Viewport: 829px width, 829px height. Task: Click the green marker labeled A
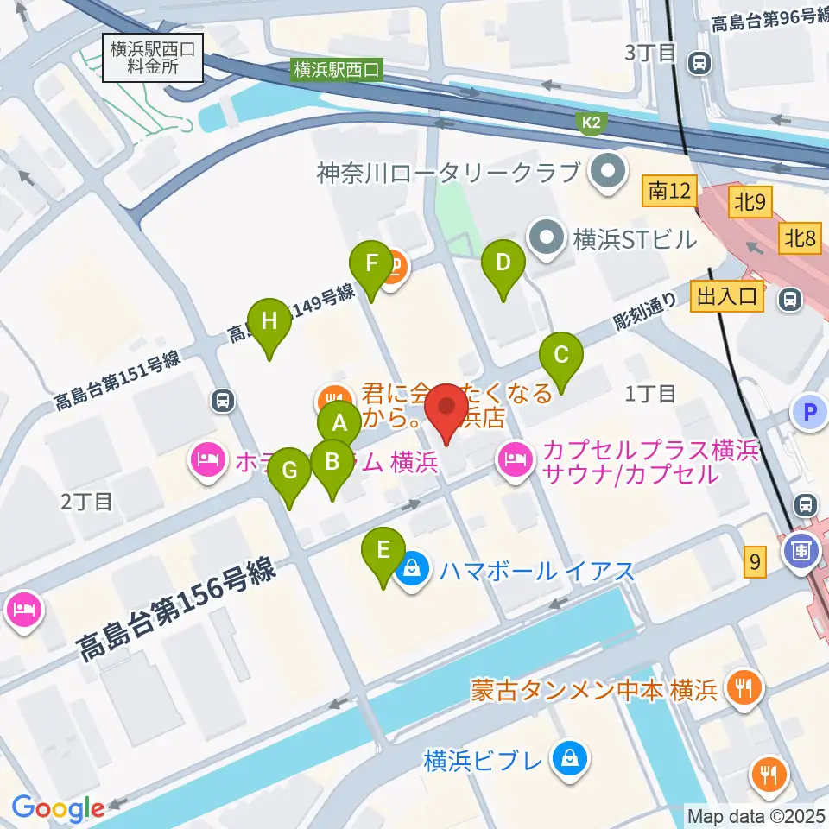[339, 423]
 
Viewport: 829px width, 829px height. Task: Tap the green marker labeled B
[331, 460]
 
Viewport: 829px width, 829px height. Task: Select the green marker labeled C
[561, 353]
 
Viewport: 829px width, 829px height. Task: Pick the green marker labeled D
[503, 260]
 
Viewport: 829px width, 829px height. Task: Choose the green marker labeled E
[383, 548]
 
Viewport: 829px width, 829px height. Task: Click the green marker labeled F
[371, 261]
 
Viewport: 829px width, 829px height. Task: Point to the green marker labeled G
[289, 471]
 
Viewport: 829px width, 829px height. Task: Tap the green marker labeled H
[269, 320]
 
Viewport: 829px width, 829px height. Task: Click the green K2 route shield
[590, 124]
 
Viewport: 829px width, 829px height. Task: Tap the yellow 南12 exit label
[670, 192]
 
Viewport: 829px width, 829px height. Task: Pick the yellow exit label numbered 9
[756, 564]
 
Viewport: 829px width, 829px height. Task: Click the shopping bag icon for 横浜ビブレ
[571, 760]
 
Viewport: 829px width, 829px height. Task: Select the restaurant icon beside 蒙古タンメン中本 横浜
[742, 688]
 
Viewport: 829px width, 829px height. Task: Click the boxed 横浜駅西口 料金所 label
[152, 58]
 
